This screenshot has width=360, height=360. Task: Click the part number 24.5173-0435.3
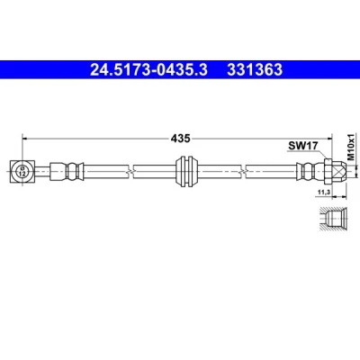tap(148, 70)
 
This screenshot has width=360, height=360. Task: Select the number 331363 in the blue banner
tap(255, 70)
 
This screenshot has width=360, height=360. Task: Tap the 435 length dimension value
tap(181, 139)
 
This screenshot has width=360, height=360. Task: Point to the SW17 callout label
tap(302, 146)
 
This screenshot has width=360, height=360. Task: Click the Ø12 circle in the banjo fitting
tap(22, 172)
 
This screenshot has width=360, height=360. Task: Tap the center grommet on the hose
tap(186, 171)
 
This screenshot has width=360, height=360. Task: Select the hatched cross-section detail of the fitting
tap(334, 219)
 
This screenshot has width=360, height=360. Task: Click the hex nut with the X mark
tap(335, 172)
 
